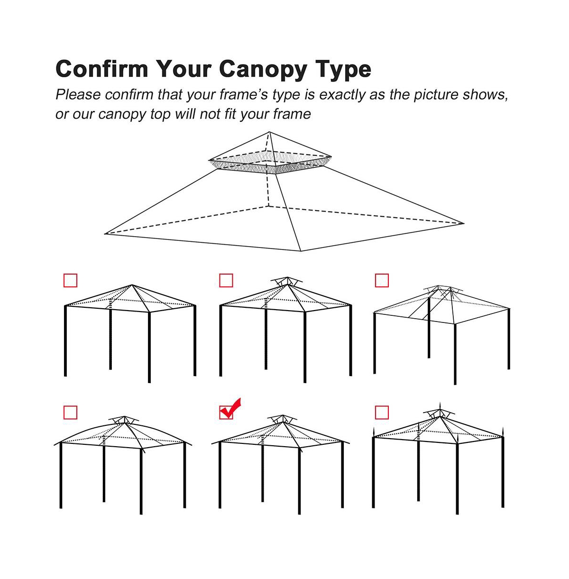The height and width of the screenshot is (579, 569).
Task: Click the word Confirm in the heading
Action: point(101,69)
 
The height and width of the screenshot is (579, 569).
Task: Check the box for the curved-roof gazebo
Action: point(70,413)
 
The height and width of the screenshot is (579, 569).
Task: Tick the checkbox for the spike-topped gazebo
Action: point(382,413)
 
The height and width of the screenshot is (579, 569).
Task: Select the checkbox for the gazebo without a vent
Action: point(70,281)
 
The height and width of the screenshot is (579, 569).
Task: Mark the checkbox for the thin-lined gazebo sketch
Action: point(382,281)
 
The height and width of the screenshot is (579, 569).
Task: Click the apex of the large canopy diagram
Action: point(269,132)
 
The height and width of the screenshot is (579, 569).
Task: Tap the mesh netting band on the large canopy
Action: point(269,165)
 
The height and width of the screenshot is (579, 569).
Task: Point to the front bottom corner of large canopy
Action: point(301,251)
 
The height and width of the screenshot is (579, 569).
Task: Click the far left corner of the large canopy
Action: point(106,233)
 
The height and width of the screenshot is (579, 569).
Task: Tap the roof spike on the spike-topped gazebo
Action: point(441,407)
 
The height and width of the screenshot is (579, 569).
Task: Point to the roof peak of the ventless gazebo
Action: point(132,285)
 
